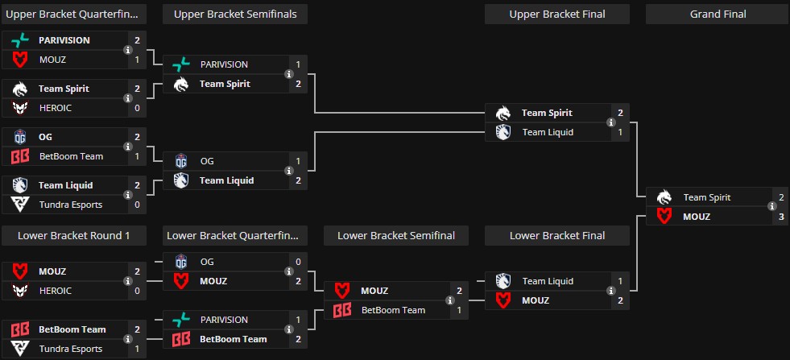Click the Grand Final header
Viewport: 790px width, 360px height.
[718, 14]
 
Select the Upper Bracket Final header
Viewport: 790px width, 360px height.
[556, 14]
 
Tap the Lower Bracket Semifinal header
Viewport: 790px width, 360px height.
[395, 235]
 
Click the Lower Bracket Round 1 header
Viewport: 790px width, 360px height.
[74, 235]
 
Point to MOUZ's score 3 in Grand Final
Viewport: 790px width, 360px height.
[780, 217]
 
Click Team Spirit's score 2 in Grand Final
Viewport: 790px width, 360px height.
[780, 197]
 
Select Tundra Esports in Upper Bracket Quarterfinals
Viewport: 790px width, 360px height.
[71, 205]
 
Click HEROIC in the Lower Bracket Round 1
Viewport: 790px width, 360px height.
[56, 291]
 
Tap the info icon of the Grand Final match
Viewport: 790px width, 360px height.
[772, 207]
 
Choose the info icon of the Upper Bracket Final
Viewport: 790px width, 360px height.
[611, 122]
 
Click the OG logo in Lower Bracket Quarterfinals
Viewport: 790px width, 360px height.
[182, 262]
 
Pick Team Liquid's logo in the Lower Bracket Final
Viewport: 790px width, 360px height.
[503, 281]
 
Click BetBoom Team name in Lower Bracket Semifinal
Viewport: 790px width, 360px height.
[392, 310]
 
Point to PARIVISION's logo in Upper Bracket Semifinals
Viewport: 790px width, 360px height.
[182, 64]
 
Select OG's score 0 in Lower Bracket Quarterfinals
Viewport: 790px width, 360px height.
[298, 262]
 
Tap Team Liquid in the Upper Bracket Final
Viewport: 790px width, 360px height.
[548, 132]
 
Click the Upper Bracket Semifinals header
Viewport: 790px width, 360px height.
[234, 14]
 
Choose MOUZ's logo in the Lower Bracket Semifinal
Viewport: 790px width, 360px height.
[342, 291]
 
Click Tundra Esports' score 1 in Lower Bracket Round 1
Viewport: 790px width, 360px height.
[137, 349]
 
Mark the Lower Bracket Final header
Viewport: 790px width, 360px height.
[556, 235]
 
